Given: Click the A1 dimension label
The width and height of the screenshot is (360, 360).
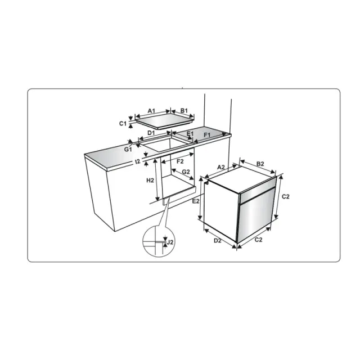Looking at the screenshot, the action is pyautogui.click(x=151, y=111).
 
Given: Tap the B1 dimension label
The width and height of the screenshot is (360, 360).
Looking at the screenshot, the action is pyautogui.click(x=184, y=111).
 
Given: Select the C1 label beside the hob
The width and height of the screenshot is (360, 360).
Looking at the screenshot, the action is pyautogui.click(x=123, y=124).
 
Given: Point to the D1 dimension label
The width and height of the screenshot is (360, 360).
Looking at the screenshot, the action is pyautogui.click(x=151, y=133).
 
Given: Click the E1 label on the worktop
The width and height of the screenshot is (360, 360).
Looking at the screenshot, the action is pyautogui.click(x=190, y=134).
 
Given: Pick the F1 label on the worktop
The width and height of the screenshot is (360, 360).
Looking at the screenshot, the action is pyautogui.click(x=207, y=135).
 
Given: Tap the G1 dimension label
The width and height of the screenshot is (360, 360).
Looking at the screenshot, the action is pyautogui.click(x=128, y=150).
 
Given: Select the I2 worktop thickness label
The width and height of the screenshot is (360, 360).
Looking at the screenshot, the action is pyautogui.click(x=137, y=161).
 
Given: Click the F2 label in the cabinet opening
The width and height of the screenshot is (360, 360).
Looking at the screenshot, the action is pyautogui.click(x=180, y=161).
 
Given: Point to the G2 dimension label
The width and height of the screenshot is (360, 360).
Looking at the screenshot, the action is pyautogui.click(x=186, y=172).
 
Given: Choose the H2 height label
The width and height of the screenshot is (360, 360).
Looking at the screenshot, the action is pyautogui.click(x=150, y=181).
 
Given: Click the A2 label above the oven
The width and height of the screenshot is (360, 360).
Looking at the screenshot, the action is pyautogui.click(x=221, y=167).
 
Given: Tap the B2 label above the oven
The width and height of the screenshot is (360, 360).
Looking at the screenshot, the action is pyautogui.click(x=260, y=164).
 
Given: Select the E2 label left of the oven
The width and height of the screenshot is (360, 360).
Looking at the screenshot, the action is pyautogui.click(x=196, y=201).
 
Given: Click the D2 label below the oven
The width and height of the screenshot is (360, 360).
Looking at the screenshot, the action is pyautogui.click(x=218, y=241).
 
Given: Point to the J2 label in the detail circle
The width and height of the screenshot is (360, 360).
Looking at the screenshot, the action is pyautogui.click(x=170, y=242).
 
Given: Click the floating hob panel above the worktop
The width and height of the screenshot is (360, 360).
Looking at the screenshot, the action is pyautogui.click(x=165, y=121).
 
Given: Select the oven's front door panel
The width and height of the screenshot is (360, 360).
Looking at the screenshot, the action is pyautogui.click(x=255, y=215).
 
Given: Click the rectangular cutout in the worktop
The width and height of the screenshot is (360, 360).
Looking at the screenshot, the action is pyautogui.click(x=166, y=144).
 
